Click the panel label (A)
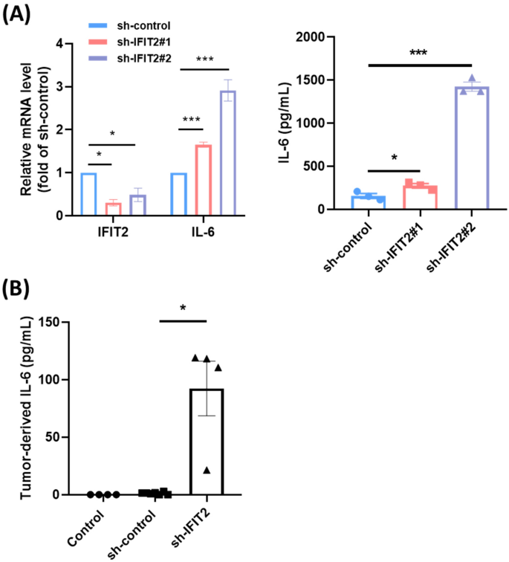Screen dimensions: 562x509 [x=16, y=16]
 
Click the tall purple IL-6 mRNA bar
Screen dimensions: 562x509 [x=227, y=153]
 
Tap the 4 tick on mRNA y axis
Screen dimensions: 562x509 [x=70, y=44]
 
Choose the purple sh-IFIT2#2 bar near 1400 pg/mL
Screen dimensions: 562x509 [x=472, y=149]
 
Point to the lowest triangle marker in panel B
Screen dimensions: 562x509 [x=207, y=469]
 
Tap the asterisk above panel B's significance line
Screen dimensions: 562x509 [x=183, y=308]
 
